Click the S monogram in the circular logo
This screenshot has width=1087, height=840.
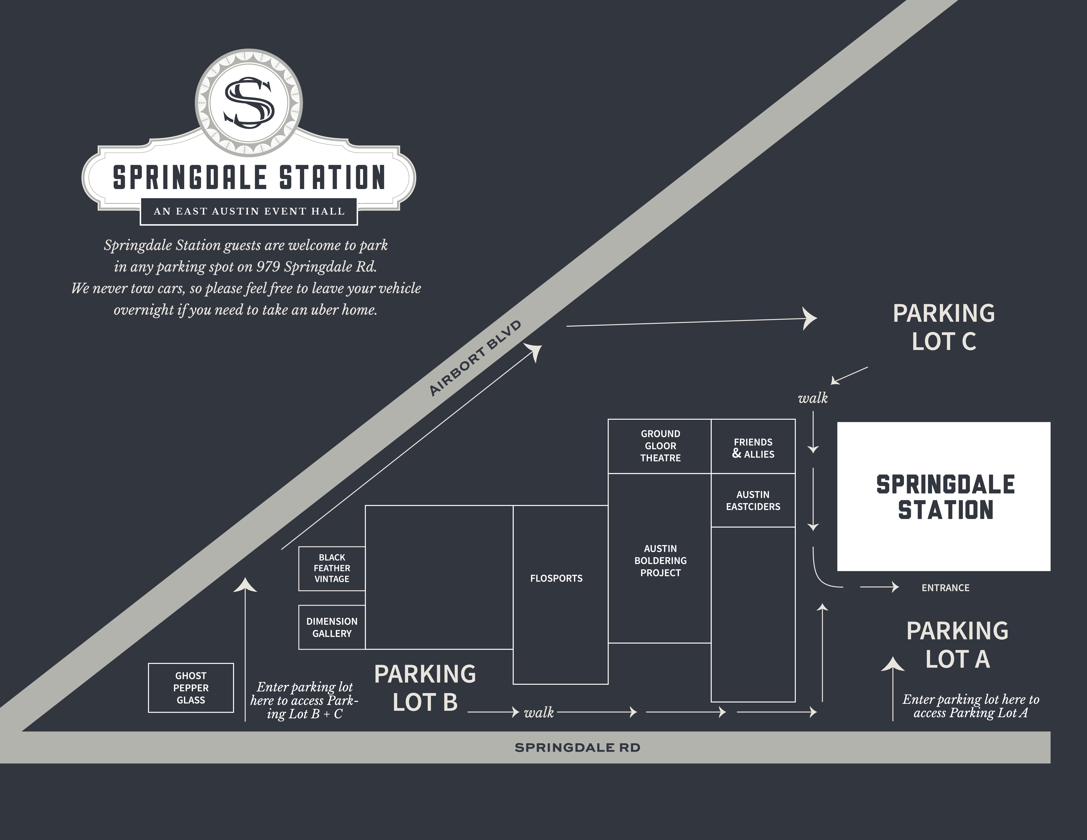[249, 102]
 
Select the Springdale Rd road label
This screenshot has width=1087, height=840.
[577, 747]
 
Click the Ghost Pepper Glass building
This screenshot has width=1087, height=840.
[191, 688]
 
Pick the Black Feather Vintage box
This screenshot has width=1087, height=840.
[332, 568]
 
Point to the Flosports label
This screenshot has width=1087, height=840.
[556, 578]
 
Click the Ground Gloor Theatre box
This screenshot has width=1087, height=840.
[660, 446]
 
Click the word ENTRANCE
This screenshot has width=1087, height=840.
[945, 588]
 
